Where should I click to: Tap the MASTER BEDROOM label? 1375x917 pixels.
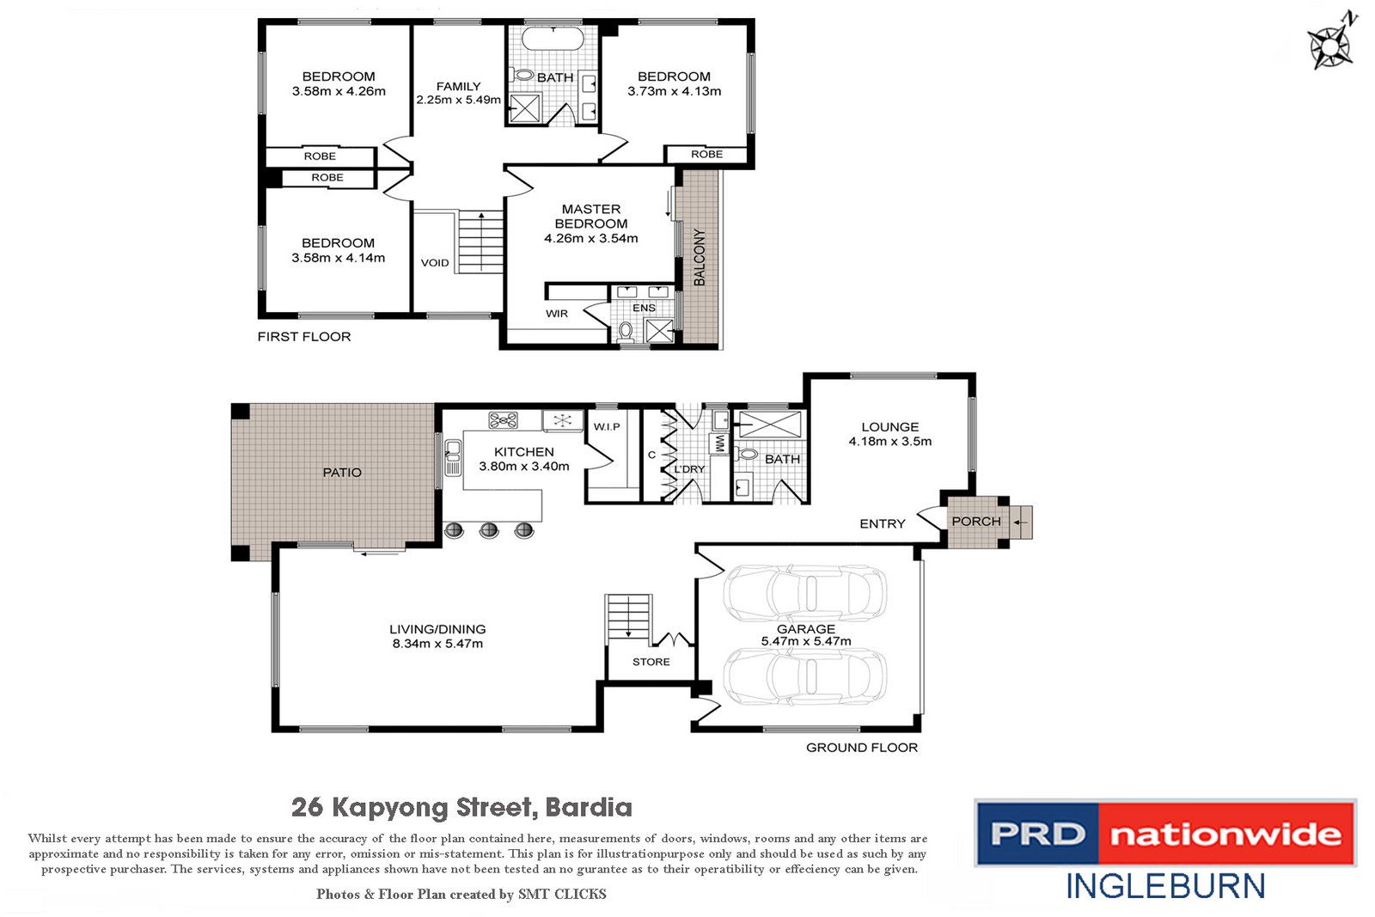pyautogui.click(x=591, y=216)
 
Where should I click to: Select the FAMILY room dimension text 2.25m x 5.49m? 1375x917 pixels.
pyautogui.click(x=458, y=100)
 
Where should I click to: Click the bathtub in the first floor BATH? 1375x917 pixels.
pyautogui.click(x=553, y=39)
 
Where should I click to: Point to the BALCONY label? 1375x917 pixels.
pyautogui.click(x=700, y=257)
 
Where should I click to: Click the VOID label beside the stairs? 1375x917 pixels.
pyautogui.click(x=435, y=263)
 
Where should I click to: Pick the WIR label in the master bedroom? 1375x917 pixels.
pyautogui.click(x=557, y=314)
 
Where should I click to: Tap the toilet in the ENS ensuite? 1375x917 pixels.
pyautogui.click(x=626, y=331)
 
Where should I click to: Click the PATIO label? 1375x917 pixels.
pyautogui.click(x=342, y=473)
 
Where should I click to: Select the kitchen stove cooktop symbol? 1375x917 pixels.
pyautogui.click(x=504, y=420)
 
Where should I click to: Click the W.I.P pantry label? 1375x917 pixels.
pyautogui.click(x=607, y=427)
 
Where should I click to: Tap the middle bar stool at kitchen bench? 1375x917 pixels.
pyautogui.click(x=489, y=530)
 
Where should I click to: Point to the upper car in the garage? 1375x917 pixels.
pyautogui.click(x=805, y=593)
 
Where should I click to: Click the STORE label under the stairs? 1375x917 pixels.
pyautogui.click(x=651, y=662)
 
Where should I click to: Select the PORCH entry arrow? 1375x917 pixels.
pyautogui.click(x=1021, y=522)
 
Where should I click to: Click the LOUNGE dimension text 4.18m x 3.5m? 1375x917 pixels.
pyautogui.click(x=890, y=442)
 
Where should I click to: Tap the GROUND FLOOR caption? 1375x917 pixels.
pyautogui.click(x=862, y=748)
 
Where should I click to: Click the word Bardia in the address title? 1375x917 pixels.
pyautogui.click(x=589, y=808)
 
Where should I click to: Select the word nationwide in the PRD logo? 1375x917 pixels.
pyautogui.click(x=1225, y=834)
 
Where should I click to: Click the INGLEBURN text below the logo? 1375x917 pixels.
pyautogui.click(x=1165, y=887)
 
